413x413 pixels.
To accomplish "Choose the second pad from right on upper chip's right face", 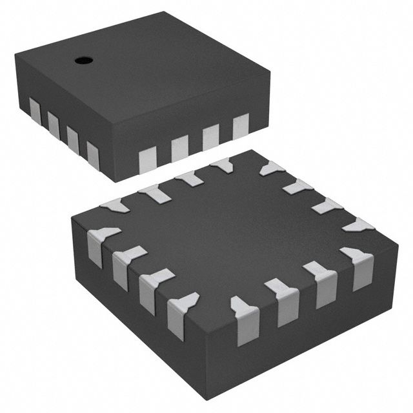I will coord(210,134).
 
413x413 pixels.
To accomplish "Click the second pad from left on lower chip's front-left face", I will coord(123,267).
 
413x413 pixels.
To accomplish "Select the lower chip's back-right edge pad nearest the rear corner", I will coord(271,168).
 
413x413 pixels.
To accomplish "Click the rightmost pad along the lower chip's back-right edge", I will coord(359,224).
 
